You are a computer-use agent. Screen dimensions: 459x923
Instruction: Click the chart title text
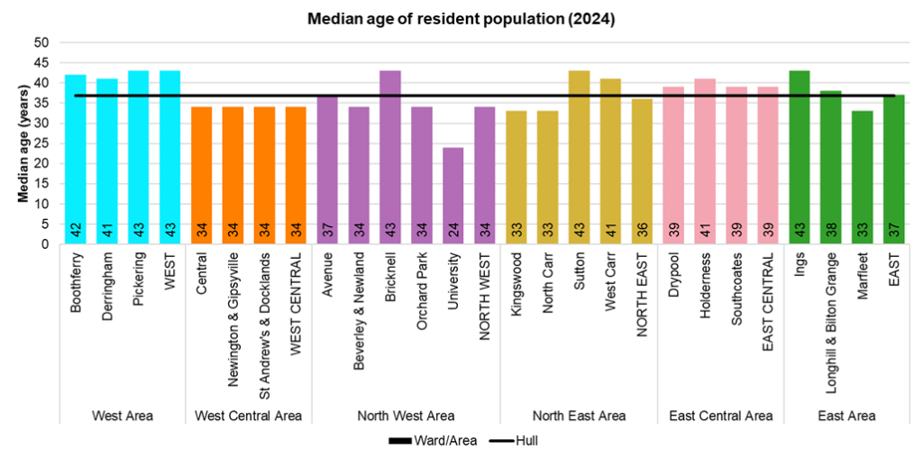click(x=461, y=19)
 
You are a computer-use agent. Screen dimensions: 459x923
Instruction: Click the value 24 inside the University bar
click(x=453, y=231)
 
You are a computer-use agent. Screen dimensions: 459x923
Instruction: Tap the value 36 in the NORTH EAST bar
click(x=642, y=231)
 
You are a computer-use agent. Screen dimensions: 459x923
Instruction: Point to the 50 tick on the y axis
click(x=42, y=43)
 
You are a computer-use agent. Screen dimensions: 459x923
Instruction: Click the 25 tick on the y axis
click(x=42, y=143)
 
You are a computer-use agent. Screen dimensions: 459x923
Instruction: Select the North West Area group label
click(x=406, y=416)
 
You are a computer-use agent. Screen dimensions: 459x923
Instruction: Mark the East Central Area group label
click(x=720, y=416)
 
